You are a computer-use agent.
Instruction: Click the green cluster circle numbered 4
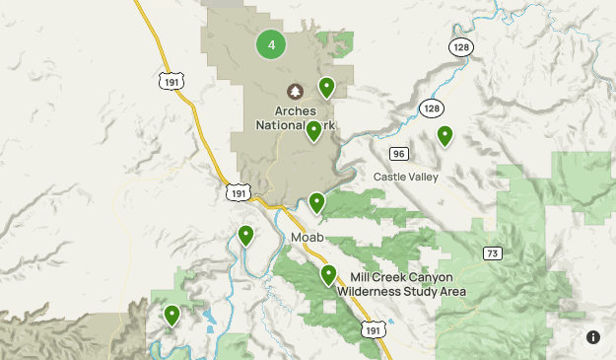click(271, 43)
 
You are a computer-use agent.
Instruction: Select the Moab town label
click(308, 238)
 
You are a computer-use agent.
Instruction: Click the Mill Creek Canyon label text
click(400, 278)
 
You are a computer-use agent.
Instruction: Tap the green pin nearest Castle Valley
click(445, 135)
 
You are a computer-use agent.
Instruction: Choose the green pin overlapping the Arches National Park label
click(313, 130)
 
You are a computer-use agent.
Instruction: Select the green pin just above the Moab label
click(316, 202)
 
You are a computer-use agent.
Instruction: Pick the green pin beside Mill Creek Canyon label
click(328, 274)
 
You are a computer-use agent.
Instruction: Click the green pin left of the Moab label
click(245, 235)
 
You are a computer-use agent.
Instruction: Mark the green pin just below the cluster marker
click(326, 87)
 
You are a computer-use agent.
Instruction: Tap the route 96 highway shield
click(398, 154)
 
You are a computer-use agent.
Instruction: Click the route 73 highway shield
click(492, 253)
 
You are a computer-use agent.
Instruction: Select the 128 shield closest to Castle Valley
click(430, 108)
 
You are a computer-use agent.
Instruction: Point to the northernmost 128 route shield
click(460, 46)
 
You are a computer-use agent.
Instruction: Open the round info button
click(592, 337)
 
